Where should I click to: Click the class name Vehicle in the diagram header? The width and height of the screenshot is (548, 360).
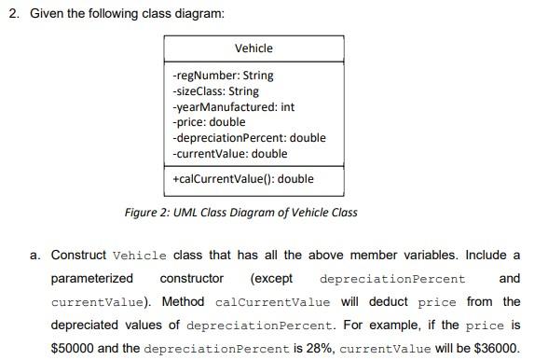(253, 48)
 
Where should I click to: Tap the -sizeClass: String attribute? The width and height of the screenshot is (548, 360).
(216, 91)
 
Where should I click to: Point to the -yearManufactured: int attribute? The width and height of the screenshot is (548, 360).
(234, 107)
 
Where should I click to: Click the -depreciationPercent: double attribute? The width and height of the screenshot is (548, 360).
(249, 138)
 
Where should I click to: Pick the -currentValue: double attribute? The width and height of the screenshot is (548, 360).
(230, 153)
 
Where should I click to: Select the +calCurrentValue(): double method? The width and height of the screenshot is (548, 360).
(242, 178)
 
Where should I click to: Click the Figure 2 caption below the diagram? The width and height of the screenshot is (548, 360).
(240, 212)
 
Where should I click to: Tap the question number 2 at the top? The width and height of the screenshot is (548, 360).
(12, 16)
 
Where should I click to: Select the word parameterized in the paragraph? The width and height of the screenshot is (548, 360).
(91, 278)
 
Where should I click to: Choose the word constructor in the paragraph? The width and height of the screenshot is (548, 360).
(192, 278)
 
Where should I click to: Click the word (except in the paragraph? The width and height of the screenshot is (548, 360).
(271, 278)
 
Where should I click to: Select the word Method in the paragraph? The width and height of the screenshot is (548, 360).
(183, 302)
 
